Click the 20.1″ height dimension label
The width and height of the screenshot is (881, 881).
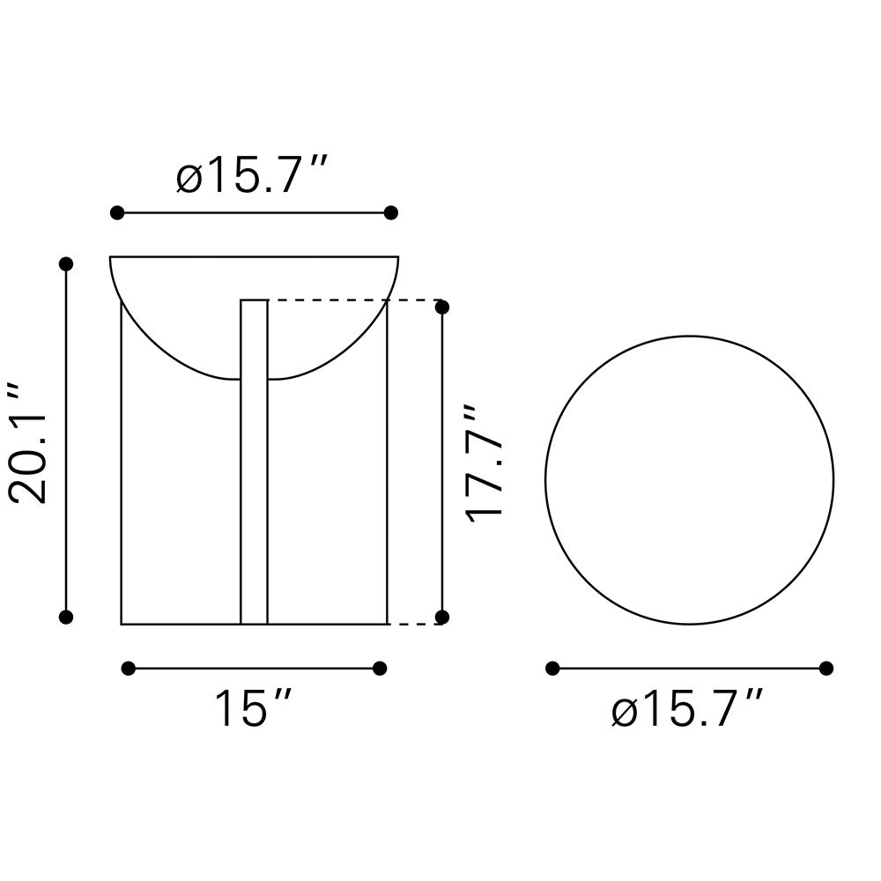(x=28, y=444)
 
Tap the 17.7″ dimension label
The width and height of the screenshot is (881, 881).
(x=483, y=463)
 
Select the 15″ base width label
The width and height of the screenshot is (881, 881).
(x=252, y=708)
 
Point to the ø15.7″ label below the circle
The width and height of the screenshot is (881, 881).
(x=686, y=708)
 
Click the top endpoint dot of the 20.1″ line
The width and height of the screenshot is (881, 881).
(x=66, y=263)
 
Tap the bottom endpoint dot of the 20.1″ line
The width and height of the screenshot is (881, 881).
(x=66, y=617)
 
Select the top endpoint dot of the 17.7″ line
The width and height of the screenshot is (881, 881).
(x=442, y=307)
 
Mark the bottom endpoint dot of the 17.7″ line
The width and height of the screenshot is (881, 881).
(x=442, y=617)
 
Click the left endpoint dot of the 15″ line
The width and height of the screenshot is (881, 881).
(x=129, y=668)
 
